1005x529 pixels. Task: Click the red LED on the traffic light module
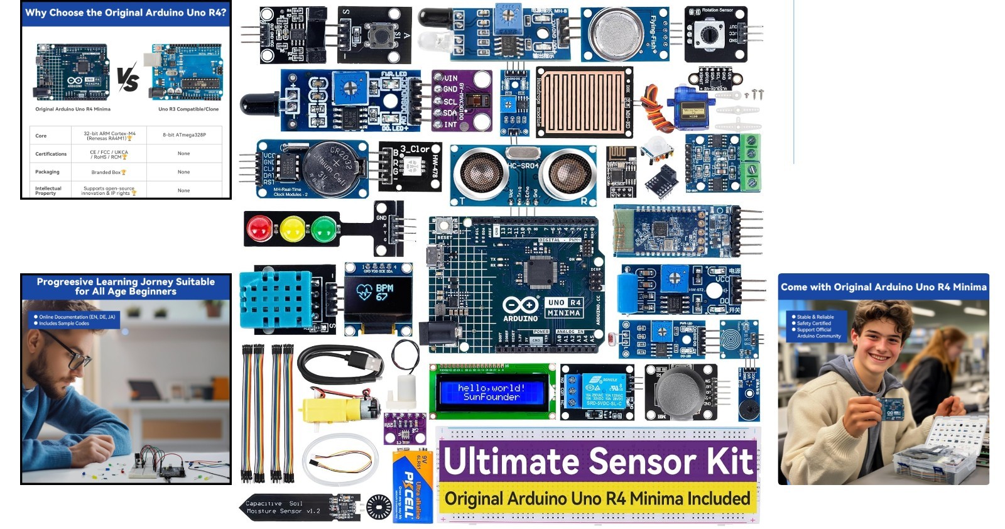[x=259, y=229]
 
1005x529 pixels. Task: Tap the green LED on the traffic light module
[x=323, y=229]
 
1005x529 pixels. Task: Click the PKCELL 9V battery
[x=412, y=486]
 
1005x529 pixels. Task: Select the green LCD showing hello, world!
[x=491, y=393]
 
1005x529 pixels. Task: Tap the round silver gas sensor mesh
[x=618, y=35]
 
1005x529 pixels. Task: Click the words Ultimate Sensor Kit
[x=597, y=461]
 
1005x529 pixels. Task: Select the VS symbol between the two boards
[x=128, y=79]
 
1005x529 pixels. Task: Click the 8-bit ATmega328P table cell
[x=184, y=135]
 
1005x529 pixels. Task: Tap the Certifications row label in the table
[x=51, y=154]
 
